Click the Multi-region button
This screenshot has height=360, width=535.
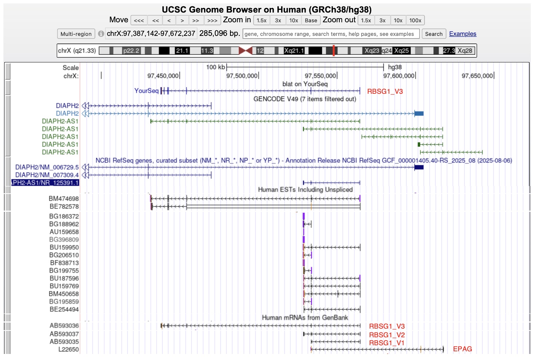(76, 34)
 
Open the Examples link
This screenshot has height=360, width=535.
(463, 34)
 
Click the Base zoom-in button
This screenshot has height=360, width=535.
(311, 20)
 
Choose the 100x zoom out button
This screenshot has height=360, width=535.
(415, 20)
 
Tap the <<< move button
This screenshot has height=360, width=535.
(139, 20)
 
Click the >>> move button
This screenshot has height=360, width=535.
(212, 20)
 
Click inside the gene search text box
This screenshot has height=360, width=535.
(331, 34)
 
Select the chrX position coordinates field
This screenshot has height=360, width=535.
(151, 33)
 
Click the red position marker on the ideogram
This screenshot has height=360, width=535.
(334, 51)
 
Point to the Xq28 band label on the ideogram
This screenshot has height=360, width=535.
(465, 51)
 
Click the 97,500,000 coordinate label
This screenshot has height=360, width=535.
(242, 76)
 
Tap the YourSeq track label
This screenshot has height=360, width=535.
(146, 91)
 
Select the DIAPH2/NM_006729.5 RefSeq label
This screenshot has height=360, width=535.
(47, 167)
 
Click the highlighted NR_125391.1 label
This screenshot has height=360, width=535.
(45, 183)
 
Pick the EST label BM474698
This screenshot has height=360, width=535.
(64, 199)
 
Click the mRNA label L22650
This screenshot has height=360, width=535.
(68, 349)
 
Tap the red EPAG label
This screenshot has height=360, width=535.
(462, 349)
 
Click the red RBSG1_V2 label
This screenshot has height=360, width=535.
(387, 335)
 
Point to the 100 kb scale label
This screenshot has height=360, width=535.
(215, 67)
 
